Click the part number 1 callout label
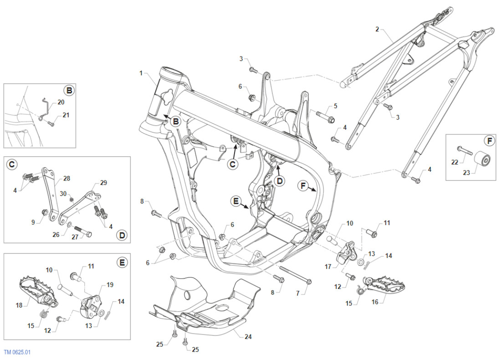[x=141, y=73]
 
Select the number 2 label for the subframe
[x=377, y=30]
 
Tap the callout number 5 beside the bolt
[x=335, y=106]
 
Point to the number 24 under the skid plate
[x=247, y=337]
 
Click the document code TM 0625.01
[x=18, y=352]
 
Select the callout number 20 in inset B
[x=61, y=102]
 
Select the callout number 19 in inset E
[x=110, y=285]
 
